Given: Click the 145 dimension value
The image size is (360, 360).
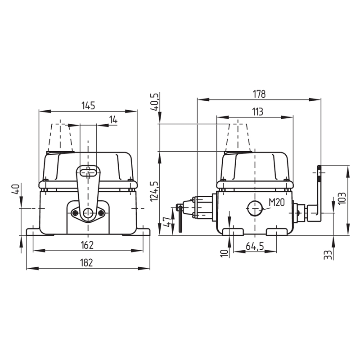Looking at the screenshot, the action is point(88,105).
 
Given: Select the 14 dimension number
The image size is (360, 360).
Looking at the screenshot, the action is point(113,120).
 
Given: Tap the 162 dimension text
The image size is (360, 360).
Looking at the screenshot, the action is point(87,245).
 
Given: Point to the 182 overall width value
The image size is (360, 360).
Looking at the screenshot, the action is point(86,263).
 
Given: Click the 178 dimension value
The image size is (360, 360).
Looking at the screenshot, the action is point(259,94).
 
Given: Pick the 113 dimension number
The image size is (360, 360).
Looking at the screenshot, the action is point(257,112).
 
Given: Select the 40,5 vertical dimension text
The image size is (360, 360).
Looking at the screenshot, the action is point(154,102).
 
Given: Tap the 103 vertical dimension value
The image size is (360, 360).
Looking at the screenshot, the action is point(342,198).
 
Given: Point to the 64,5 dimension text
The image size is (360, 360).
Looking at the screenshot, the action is point(255,246).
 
